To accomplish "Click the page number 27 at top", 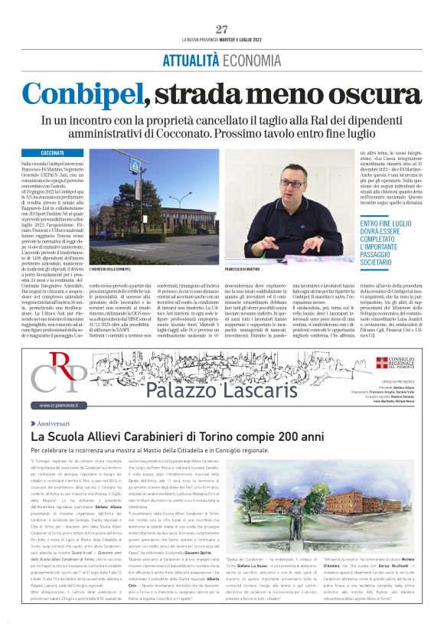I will [x=222, y=29].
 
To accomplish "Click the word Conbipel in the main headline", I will [x=82, y=94].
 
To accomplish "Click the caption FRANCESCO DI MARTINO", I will [x=244, y=269].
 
